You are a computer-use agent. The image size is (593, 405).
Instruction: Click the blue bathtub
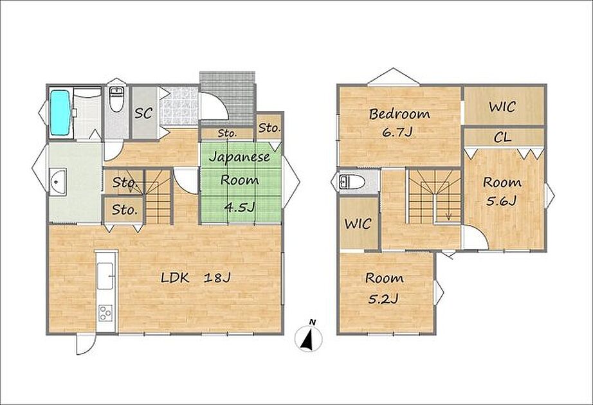(x=60, y=113)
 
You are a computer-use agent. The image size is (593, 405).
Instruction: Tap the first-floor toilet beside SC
(x=116, y=100)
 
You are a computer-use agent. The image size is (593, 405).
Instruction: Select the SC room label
(x=143, y=113)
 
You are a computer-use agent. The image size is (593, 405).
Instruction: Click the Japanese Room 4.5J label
(x=239, y=181)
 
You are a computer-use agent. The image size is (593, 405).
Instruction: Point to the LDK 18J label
(x=196, y=278)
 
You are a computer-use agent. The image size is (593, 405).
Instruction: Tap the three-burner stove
(x=106, y=312)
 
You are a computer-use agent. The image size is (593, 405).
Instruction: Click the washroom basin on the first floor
(x=57, y=182)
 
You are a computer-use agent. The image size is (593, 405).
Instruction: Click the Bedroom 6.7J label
(x=399, y=123)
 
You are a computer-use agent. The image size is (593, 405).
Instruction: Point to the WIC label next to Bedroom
(x=502, y=107)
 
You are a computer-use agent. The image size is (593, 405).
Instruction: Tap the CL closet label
(x=502, y=138)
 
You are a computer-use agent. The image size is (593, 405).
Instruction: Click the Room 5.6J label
(x=502, y=192)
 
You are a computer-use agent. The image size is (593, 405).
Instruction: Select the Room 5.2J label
(x=384, y=288)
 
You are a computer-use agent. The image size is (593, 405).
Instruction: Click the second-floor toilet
(x=352, y=183)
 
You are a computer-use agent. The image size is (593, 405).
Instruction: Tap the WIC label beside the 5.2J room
(x=358, y=224)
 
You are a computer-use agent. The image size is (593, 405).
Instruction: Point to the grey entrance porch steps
(x=227, y=97)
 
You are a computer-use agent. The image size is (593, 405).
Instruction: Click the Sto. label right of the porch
(x=269, y=128)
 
